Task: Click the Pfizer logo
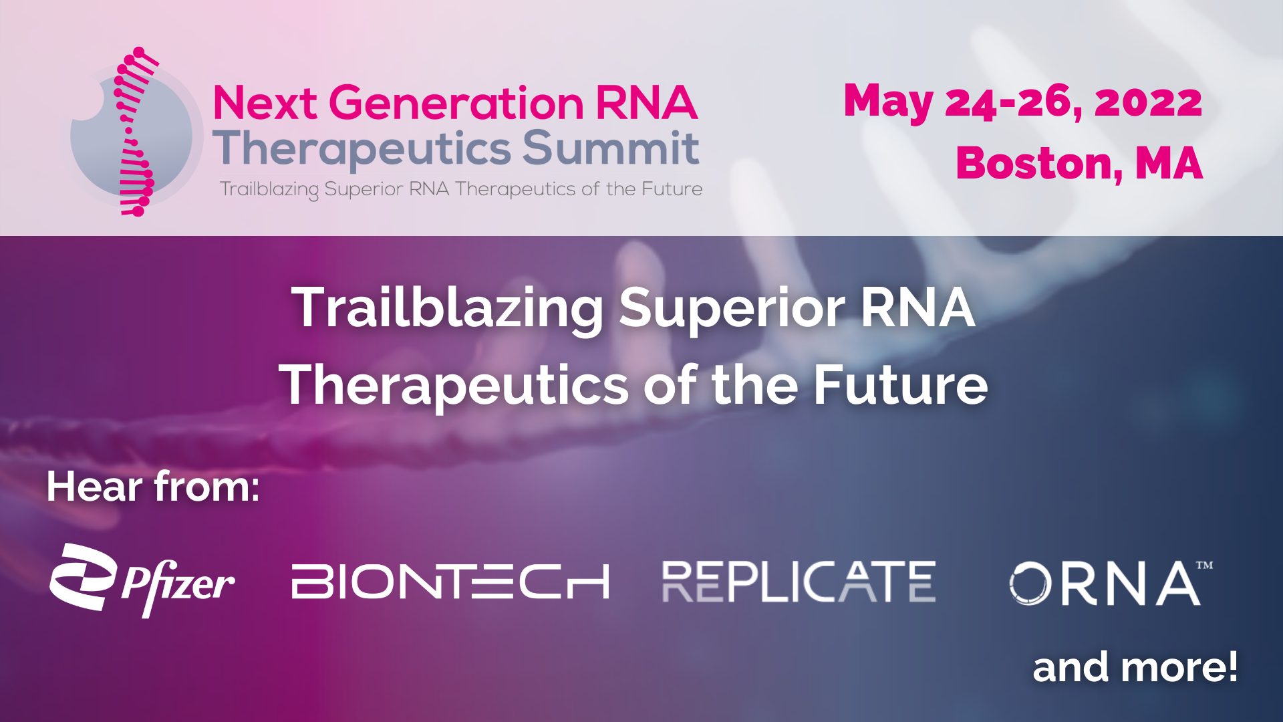click(142, 580)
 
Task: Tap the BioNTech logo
click(450, 581)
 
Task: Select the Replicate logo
click(799, 582)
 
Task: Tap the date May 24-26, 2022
click(1023, 102)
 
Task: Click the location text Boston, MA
click(1079, 162)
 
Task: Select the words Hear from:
click(153, 487)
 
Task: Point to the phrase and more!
click(1135, 667)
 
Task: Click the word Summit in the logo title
click(611, 148)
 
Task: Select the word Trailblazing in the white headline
click(448, 310)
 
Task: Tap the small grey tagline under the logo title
click(461, 189)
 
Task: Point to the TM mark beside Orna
click(1204, 566)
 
